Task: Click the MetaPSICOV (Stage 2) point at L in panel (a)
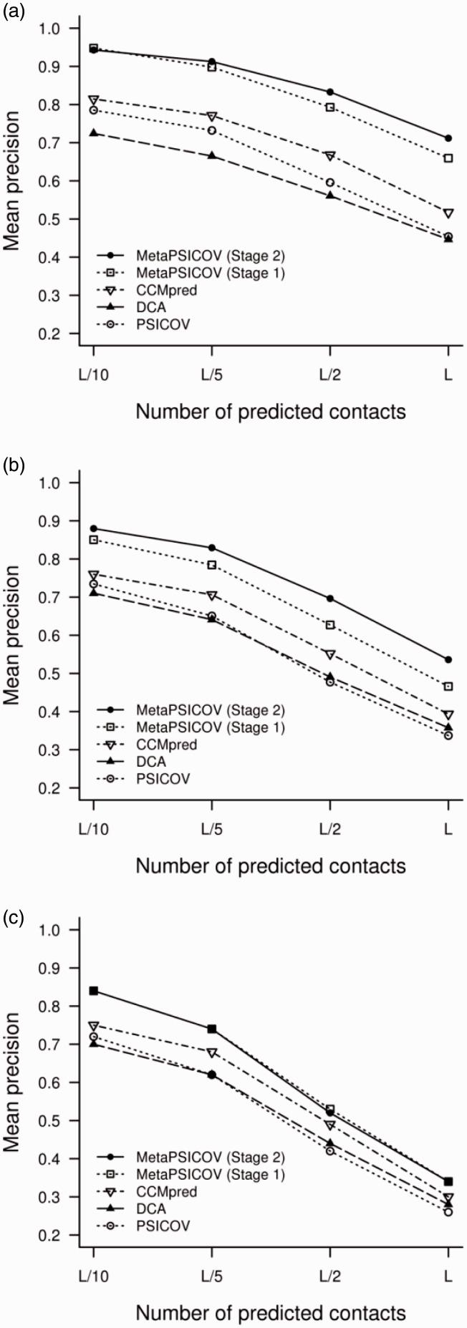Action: pos(448,138)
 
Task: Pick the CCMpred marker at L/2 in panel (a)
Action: pos(329,155)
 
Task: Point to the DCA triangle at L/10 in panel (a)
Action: pos(93,133)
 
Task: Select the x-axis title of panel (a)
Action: pos(270,412)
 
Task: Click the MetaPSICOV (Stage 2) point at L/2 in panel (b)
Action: pos(329,598)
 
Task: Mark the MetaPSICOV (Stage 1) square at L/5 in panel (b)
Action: pos(211,565)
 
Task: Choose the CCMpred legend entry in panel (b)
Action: pos(165,745)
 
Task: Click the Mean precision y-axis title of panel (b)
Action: pos(12,635)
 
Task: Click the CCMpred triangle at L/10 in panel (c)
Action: pos(93,1026)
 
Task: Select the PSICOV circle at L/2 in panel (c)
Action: pos(329,1150)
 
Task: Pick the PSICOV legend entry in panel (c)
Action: pos(163,1226)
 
